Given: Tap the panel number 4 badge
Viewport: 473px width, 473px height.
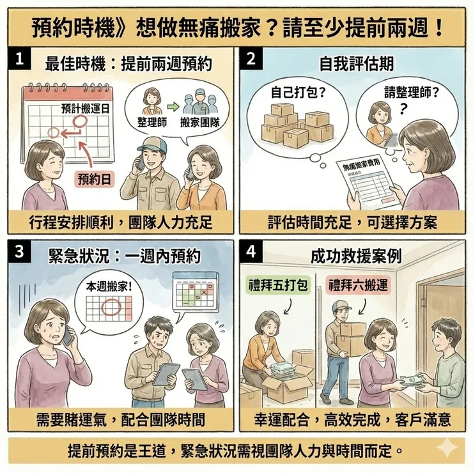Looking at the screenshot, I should click(251, 252).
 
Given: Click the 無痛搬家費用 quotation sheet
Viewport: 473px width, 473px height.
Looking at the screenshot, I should click(368, 182).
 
